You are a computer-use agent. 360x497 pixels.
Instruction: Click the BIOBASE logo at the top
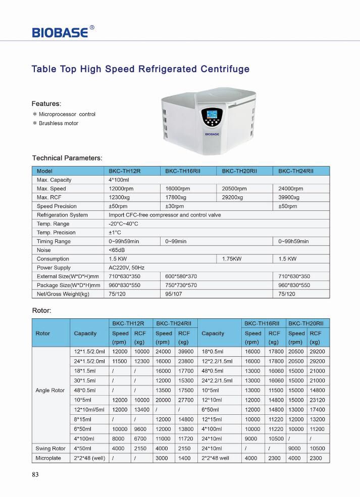[x=61, y=32]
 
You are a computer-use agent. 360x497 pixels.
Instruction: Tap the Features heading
[x=46, y=104]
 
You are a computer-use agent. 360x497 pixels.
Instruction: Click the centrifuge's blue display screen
[x=211, y=115]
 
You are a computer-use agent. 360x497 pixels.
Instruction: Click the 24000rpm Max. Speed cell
[x=291, y=189]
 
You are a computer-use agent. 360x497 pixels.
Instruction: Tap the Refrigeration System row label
[x=62, y=215]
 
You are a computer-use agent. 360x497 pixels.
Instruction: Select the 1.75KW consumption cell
[x=232, y=259]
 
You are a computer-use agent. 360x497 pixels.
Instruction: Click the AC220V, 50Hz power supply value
[x=126, y=267]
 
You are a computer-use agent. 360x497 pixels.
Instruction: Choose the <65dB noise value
[x=117, y=250]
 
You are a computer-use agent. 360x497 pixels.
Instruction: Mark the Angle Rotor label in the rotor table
[x=50, y=391]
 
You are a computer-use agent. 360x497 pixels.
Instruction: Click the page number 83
[x=35, y=475]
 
